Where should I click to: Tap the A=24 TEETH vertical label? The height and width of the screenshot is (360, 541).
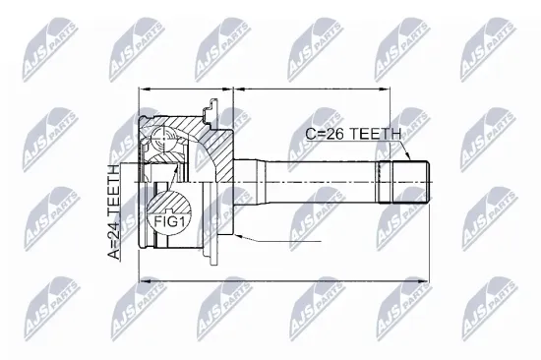click(115, 211)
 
